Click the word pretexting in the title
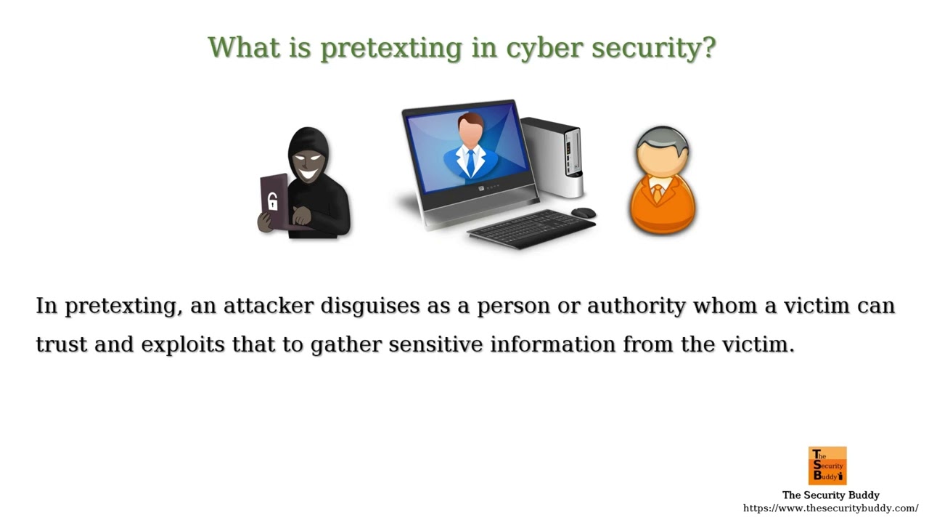pyautogui.click(x=390, y=48)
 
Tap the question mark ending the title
pyautogui.click(x=708, y=47)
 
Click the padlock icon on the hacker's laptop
pyautogui.click(x=273, y=201)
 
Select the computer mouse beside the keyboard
pyautogui.click(x=583, y=213)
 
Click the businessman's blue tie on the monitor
pyautogui.click(x=470, y=161)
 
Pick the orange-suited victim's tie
pyautogui.click(x=658, y=193)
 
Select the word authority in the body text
pyautogui.click(x=636, y=306)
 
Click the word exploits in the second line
pyautogui.click(x=183, y=344)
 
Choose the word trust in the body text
pyautogui.click(x=62, y=344)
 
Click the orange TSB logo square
pyautogui.click(x=827, y=466)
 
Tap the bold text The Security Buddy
pyautogui.click(x=830, y=495)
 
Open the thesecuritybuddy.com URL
pyautogui.click(x=830, y=508)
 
